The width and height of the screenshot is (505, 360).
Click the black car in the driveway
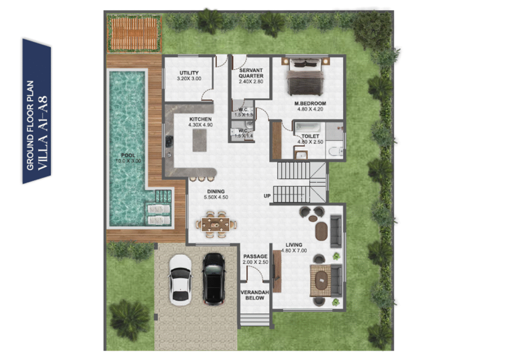(214, 279)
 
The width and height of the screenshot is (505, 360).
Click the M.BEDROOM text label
(310, 104)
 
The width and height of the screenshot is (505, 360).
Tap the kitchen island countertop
(200, 140)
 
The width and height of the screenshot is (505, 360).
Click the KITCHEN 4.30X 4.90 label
(200, 122)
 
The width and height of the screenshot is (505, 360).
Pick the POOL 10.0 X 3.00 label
(128, 158)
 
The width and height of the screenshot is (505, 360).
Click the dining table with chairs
(216, 224)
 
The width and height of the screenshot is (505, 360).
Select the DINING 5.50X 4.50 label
(216, 194)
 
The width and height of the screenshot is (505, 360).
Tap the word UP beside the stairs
(267, 196)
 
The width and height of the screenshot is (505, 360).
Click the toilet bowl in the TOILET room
(335, 151)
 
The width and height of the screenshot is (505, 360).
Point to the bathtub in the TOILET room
(309, 127)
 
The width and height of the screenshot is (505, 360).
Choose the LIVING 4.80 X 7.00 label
(294, 248)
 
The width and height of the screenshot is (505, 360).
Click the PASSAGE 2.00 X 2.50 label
(255, 259)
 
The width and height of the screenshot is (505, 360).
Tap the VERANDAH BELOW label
(255, 295)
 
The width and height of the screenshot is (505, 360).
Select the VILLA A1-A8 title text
(42, 133)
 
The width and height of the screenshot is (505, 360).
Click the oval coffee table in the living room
(321, 231)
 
